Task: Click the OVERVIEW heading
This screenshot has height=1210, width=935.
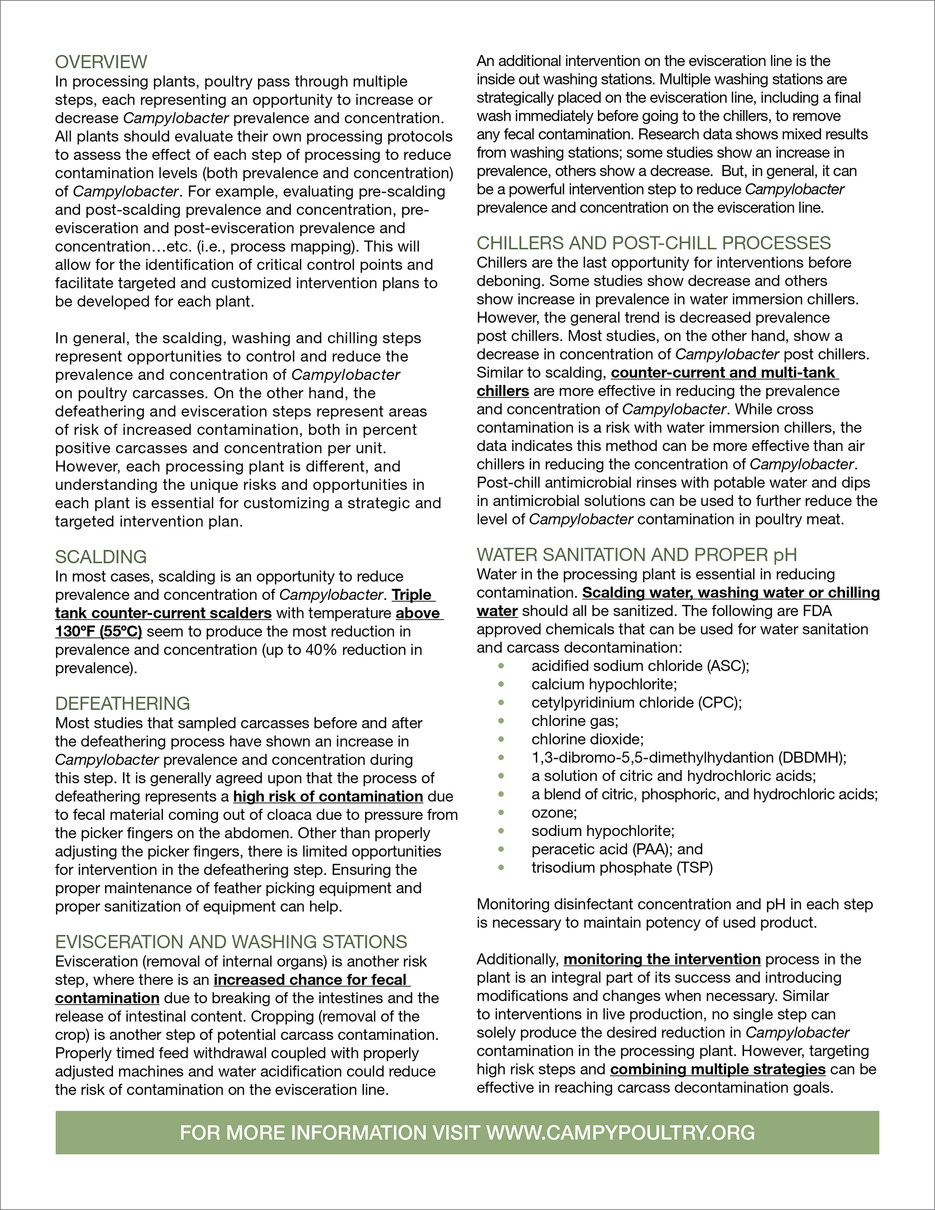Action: click(x=101, y=61)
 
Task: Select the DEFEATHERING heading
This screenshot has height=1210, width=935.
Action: click(x=123, y=703)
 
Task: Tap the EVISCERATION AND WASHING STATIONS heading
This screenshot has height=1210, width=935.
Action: click(x=231, y=941)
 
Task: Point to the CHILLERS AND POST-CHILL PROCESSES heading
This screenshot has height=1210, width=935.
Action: click(x=654, y=242)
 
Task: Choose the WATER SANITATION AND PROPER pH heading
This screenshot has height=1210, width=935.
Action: click(x=637, y=555)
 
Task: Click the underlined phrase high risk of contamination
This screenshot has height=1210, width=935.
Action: click(x=328, y=796)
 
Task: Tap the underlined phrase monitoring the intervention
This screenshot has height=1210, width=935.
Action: click(x=662, y=959)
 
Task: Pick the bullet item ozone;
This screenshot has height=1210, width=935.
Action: click(x=554, y=812)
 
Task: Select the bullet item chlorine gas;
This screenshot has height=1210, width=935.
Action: click(x=575, y=721)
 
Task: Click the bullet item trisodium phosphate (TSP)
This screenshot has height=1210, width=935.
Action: click(x=622, y=867)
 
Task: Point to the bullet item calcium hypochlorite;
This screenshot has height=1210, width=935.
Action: click(x=604, y=684)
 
